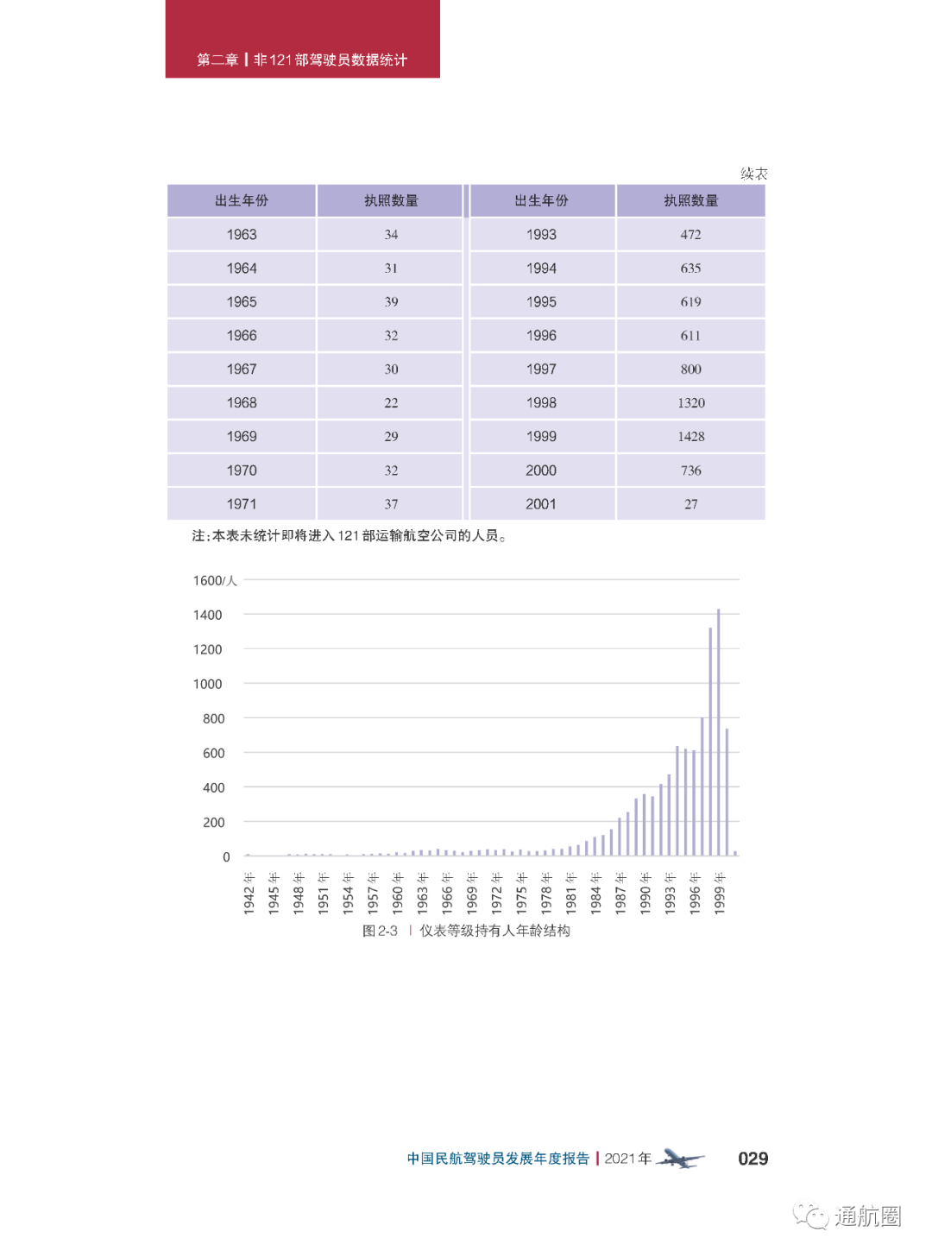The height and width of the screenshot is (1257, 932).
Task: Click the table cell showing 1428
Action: click(690, 437)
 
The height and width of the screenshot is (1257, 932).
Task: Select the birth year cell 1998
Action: click(541, 403)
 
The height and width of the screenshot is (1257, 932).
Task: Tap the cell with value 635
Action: click(690, 268)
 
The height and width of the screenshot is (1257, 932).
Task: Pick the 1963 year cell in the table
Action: click(242, 235)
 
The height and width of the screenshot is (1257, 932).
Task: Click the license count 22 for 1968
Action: click(391, 403)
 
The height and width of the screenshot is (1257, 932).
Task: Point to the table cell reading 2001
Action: click(541, 504)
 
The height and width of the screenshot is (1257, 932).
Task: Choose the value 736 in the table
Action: click(690, 471)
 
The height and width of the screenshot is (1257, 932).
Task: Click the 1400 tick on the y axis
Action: click(208, 615)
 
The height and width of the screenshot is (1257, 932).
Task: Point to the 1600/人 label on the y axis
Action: click(214, 580)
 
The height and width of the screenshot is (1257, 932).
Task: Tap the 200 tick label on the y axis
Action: click(214, 822)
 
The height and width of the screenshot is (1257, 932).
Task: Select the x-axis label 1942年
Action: click(249, 893)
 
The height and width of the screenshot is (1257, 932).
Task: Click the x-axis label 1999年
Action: click(720, 893)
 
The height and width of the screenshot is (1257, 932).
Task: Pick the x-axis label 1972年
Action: click(497, 893)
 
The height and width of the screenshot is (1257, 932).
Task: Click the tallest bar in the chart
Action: click(718, 734)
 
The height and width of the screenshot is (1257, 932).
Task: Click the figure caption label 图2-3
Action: click(380, 931)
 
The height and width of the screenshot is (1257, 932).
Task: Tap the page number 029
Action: click(753, 1159)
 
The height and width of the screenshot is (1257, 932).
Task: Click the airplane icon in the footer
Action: click(680, 1159)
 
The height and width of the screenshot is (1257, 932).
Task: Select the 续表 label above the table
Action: click(753, 174)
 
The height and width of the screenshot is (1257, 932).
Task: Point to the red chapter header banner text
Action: click(302, 60)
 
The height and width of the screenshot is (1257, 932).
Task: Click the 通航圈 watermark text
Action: click(866, 1216)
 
